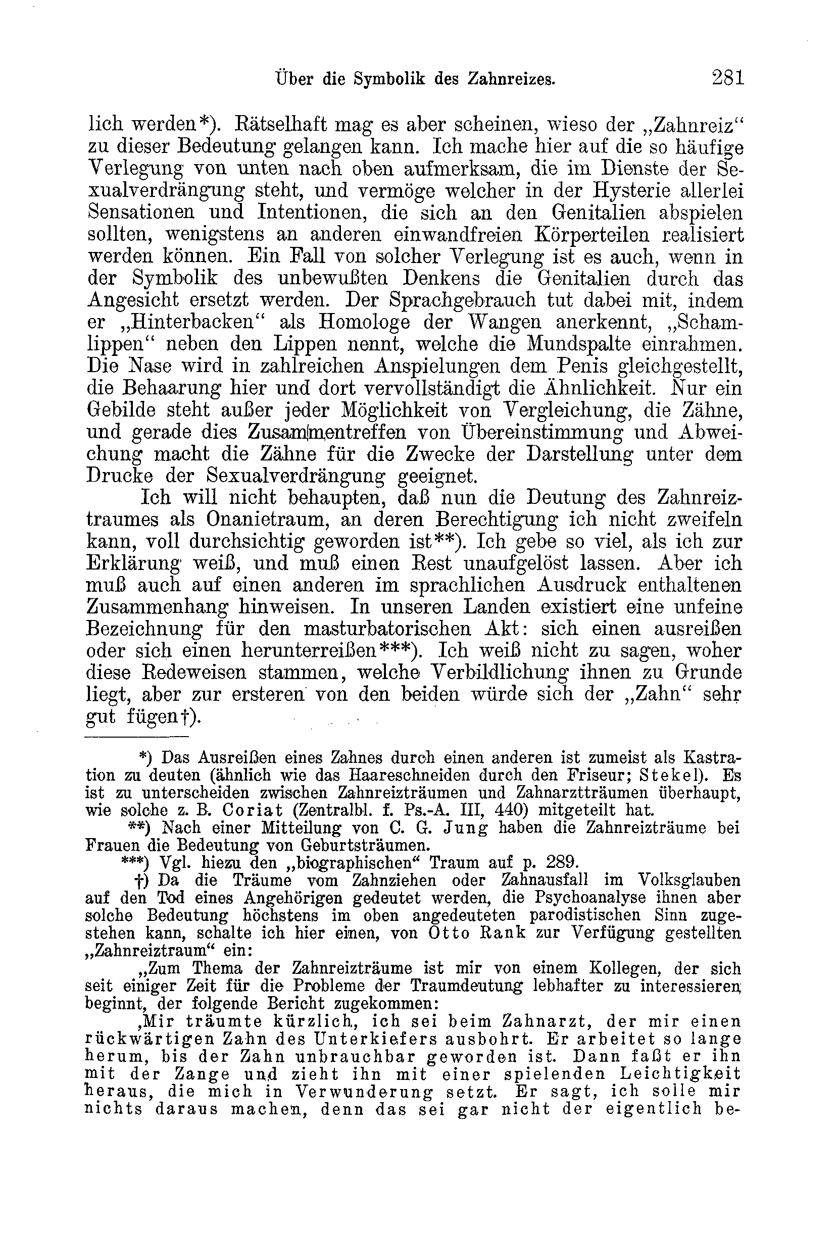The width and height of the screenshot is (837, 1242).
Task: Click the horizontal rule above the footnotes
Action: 137,737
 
